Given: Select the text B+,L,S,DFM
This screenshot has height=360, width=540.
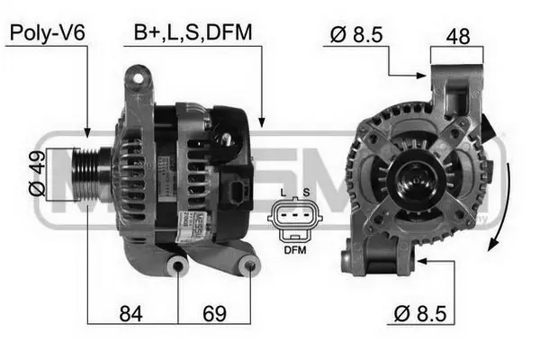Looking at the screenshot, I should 193,33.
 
